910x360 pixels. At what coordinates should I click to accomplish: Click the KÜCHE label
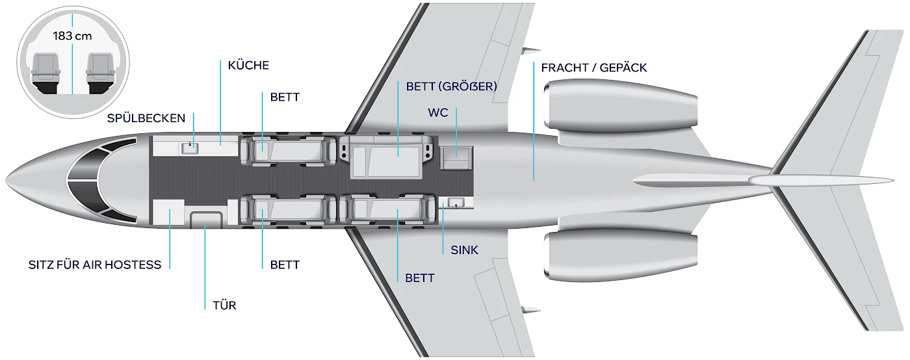[x=248, y=66]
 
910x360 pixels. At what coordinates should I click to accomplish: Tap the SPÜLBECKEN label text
[x=146, y=118]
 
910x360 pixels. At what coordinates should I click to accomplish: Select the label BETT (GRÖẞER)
[x=451, y=86]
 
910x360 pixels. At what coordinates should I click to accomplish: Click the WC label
[x=437, y=112]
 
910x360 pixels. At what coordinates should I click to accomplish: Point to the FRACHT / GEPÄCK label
[x=593, y=68]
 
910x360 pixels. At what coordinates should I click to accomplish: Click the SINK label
[x=464, y=250]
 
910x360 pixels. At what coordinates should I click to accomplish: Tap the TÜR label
[x=224, y=305]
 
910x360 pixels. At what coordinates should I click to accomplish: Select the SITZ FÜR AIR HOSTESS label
[x=95, y=265]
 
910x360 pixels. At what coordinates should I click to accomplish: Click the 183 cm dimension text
[x=73, y=36]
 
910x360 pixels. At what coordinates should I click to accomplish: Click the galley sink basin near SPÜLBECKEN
[x=190, y=148]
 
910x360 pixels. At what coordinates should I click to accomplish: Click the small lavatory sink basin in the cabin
[x=456, y=204]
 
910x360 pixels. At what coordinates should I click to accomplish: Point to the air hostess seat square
[x=167, y=212]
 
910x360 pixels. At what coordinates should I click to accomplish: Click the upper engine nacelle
[x=617, y=107]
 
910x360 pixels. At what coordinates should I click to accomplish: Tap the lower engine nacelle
[x=617, y=253]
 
